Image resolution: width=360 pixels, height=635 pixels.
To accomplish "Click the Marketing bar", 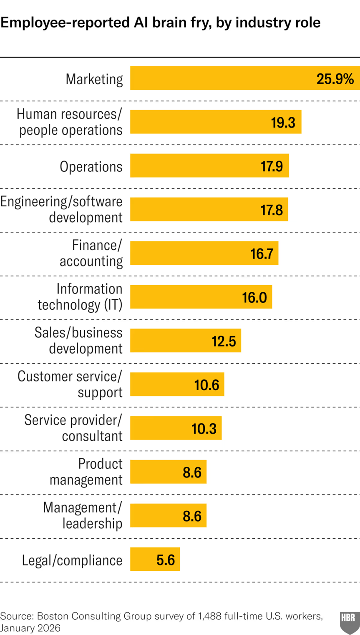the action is [245, 78].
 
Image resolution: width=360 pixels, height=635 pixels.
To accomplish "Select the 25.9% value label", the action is [335, 79].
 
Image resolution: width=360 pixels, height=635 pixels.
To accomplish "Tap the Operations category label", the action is [91, 167].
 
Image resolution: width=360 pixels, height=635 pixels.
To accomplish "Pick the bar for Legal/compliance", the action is [155, 559].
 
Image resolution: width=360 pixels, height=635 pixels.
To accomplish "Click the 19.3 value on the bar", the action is [283, 123].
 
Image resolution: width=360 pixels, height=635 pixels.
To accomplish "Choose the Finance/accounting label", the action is [91, 253].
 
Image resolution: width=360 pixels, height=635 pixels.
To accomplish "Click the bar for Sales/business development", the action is [186, 341].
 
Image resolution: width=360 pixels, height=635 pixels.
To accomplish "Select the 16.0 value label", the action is [254, 297].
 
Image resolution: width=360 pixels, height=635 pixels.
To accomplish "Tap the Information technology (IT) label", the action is [80, 297].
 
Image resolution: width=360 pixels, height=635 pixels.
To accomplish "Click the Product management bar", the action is [168, 472].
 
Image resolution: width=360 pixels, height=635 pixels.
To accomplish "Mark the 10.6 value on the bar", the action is [206, 385].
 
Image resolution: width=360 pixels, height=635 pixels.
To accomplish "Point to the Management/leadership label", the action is [83, 515].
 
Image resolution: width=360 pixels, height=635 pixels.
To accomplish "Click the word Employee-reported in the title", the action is [65, 23].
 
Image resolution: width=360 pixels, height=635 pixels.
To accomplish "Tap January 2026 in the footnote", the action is [30, 628].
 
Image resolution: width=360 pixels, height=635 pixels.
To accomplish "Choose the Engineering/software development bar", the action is [209, 209].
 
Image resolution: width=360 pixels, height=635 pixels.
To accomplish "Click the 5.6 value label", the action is [166, 560].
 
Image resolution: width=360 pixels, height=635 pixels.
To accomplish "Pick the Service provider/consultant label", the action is [73, 428].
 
